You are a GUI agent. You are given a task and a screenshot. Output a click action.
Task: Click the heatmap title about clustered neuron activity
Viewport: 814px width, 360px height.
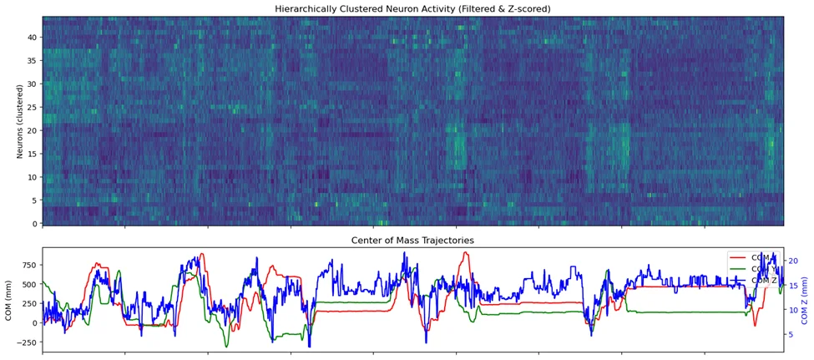click(412, 8)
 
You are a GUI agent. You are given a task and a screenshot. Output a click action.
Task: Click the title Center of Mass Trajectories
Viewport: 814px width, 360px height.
click(412, 241)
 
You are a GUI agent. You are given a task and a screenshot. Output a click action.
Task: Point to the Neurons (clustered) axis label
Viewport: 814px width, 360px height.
click(20, 120)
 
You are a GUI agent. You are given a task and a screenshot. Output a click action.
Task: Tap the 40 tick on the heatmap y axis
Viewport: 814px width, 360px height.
click(33, 38)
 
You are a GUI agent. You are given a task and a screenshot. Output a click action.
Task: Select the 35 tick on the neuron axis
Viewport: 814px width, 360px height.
click(33, 61)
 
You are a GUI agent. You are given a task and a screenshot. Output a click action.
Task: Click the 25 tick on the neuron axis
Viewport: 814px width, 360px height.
click(33, 108)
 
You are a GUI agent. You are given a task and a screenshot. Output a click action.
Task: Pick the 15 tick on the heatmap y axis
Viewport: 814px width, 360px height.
click(33, 154)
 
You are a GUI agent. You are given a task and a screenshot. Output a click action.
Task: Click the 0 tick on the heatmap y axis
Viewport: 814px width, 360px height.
click(36, 224)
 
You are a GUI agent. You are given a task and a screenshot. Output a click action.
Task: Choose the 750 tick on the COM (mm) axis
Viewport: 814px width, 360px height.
click(30, 266)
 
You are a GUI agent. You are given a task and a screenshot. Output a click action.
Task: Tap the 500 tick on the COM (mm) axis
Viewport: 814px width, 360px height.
click(30, 285)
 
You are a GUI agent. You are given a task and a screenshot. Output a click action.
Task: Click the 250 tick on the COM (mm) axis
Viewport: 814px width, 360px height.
click(30, 304)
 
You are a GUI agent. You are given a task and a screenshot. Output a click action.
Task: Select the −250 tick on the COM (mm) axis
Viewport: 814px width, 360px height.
click(28, 342)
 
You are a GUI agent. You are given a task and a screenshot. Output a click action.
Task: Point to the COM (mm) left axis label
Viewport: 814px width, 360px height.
click(8, 299)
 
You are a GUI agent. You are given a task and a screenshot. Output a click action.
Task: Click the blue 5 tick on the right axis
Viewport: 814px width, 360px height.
click(791, 334)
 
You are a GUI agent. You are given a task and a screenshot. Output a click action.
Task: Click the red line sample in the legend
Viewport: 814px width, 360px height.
click(737, 257)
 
